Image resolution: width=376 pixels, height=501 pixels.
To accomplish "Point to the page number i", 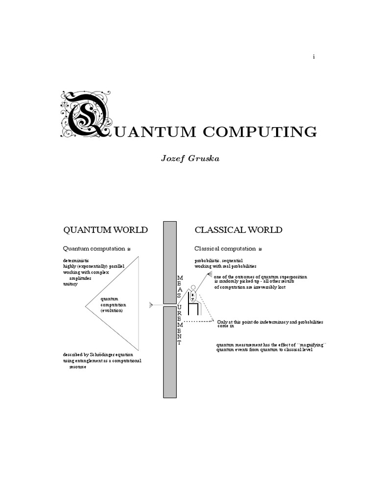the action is point(314,57).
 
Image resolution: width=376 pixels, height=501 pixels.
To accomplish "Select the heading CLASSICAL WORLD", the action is point(238,230).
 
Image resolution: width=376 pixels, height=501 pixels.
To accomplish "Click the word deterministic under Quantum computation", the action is point(76,260).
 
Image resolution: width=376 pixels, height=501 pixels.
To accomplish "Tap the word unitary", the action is point(70,284).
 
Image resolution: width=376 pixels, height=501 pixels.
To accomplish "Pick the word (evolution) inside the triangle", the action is point(112,311).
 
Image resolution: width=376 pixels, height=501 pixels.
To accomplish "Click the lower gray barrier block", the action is point(170,352).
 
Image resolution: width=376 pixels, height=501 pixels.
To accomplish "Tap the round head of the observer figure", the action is point(193,287).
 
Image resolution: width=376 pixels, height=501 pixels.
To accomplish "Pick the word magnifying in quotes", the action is point(311,345).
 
